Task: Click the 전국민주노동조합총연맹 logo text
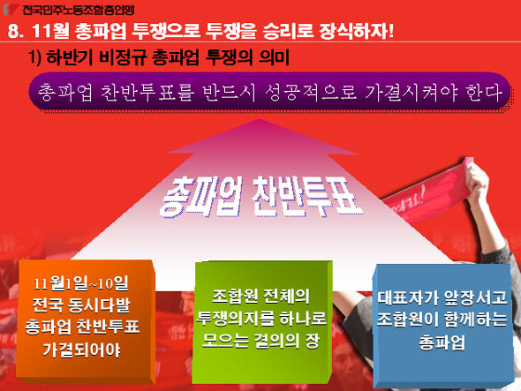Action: [79, 10]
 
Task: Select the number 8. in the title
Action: [16, 32]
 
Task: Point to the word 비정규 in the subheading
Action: [122, 57]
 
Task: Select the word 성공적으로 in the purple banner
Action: [312, 92]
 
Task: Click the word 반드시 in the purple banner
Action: [230, 92]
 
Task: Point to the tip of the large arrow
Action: [260, 119]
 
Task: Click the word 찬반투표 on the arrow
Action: [306, 197]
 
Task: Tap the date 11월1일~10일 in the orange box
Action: [81, 283]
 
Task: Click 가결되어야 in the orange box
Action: [82, 350]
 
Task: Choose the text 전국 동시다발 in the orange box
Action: [82, 305]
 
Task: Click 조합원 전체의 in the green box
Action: [260, 296]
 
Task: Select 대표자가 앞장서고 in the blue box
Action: [442, 297]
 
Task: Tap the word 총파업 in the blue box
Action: [442, 342]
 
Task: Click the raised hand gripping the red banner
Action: [477, 177]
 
